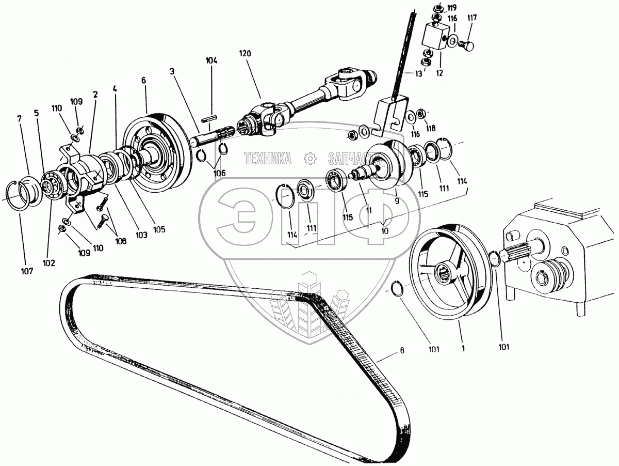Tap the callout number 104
pyautogui.click(x=211, y=60)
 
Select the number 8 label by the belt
pyautogui.click(x=402, y=350)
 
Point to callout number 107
pyautogui.click(x=27, y=271)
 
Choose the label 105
pyautogui.click(x=159, y=229)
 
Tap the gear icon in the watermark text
pyautogui.click(x=310, y=158)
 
